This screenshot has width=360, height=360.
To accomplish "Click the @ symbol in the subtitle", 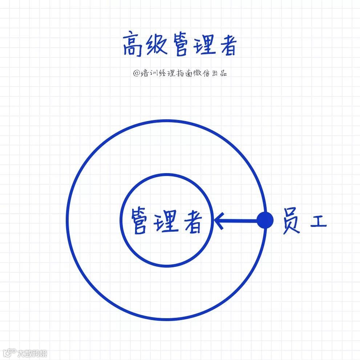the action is click(136, 73).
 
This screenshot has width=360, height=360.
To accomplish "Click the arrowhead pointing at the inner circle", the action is click(218, 220).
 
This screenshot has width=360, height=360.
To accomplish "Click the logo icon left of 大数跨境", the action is click(10, 352).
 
